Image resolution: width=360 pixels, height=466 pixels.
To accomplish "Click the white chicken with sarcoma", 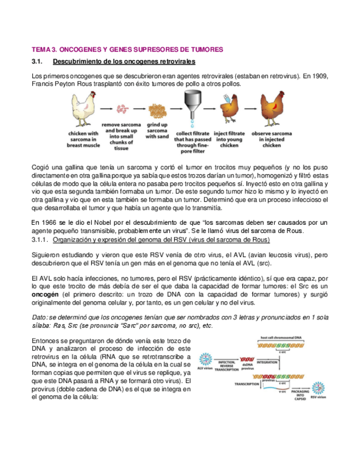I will [83, 110].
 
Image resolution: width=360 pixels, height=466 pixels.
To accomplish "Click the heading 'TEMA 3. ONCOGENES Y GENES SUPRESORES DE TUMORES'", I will [127, 49].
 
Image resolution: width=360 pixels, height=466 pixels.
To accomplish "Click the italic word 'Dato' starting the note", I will [40, 317].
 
